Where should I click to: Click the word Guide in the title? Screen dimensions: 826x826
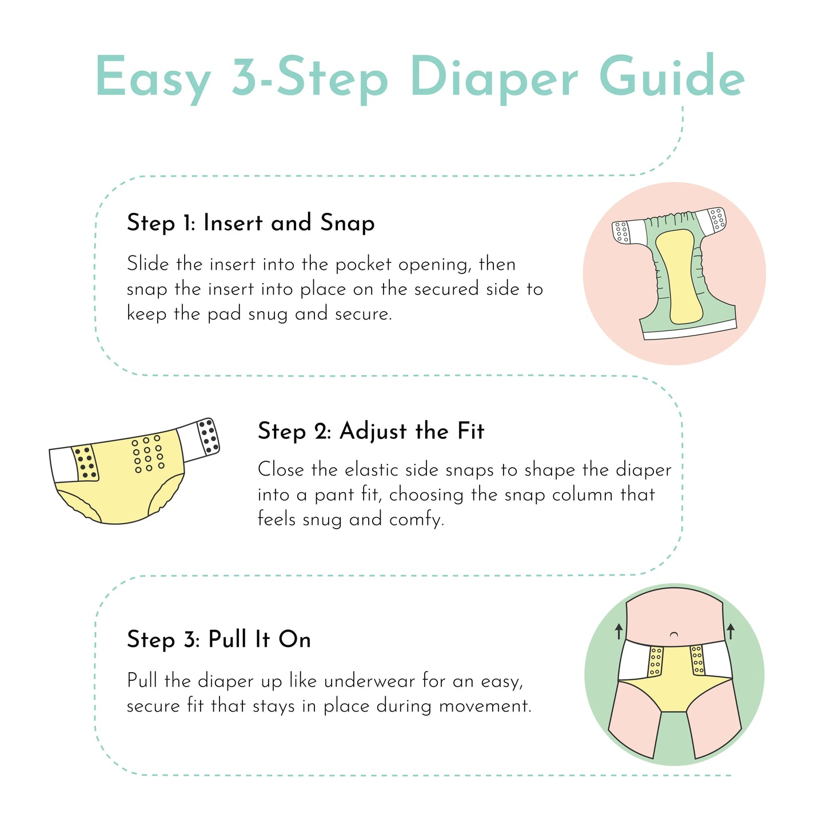672,77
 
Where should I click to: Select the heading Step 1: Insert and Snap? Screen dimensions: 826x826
250,222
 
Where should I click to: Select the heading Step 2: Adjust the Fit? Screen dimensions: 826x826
370,431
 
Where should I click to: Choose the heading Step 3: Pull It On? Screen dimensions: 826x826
219,639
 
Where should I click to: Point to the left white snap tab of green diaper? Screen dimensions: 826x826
623,232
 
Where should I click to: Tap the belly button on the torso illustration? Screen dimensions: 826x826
674,634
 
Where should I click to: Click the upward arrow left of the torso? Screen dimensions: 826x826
618,631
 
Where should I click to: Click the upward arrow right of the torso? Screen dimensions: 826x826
730,631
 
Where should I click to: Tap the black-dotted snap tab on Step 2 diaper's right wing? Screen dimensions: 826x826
209,437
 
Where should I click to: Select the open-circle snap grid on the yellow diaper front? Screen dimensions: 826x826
148,454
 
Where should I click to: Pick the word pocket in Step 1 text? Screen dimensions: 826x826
364,265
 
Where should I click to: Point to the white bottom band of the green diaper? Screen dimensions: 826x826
690,332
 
